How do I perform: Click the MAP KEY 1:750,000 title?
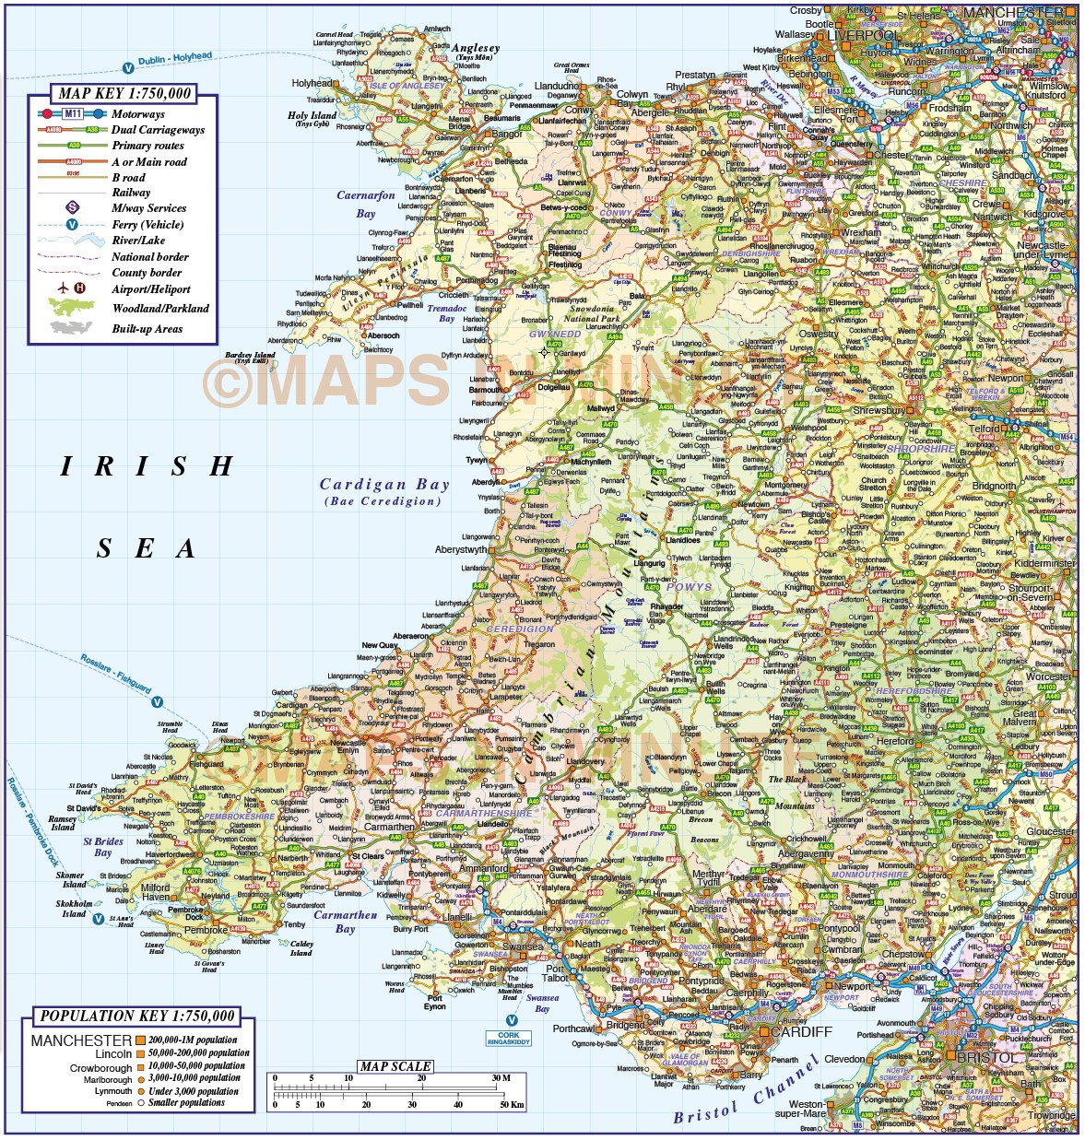(x=124, y=93)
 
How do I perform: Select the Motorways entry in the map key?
(x=138, y=114)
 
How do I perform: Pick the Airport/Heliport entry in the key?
(x=149, y=288)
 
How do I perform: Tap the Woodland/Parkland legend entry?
(x=160, y=309)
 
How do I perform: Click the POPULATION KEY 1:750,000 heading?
(x=137, y=1016)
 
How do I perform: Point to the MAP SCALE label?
(x=395, y=1066)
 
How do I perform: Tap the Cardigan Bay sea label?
(x=384, y=485)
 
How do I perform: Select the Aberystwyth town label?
(x=461, y=549)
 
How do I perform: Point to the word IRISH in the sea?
(x=147, y=466)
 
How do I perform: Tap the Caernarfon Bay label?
(x=366, y=204)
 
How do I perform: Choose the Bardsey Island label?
(x=250, y=357)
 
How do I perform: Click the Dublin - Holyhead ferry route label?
(x=175, y=59)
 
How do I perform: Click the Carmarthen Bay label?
(x=346, y=922)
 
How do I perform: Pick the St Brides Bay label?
(x=103, y=846)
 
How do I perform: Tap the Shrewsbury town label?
(x=879, y=411)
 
